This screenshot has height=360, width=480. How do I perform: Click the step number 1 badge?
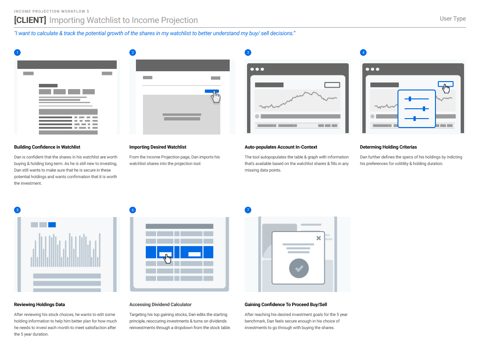coord(17,52)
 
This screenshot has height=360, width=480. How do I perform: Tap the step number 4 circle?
coord(363,52)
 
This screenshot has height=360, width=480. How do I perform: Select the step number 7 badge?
coord(248,210)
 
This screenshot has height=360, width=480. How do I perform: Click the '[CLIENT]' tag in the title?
coord(30,20)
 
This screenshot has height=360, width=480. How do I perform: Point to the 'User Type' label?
coord(452,19)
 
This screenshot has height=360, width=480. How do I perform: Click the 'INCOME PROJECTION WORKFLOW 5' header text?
coord(52,11)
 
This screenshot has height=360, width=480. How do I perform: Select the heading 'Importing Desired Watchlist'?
coord(157,147)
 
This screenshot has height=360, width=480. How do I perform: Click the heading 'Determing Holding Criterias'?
coord(388,147)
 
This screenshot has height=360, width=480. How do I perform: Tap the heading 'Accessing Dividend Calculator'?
coord(160,305)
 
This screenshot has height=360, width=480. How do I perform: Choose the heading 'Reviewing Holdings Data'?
coord(39,305)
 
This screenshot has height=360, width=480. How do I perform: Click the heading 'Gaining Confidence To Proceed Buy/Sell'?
coord(285,305)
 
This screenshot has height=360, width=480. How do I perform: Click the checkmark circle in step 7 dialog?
coord(299,269)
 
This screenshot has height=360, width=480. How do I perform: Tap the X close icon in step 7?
coord(319,238)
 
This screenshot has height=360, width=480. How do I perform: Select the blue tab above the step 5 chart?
coord(52,225)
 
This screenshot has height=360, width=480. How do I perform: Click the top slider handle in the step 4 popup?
coord(410,99)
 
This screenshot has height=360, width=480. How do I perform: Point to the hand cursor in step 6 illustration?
coord(168,258)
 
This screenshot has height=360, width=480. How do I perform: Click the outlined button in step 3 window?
coord(332,85)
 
